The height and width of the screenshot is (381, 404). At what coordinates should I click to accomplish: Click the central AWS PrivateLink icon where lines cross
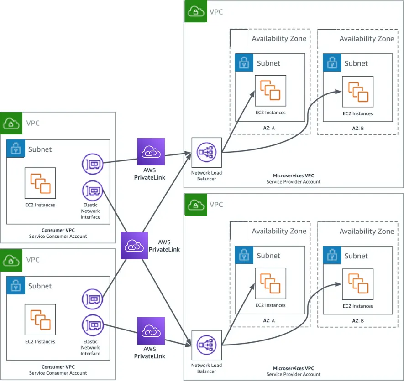[134, 246]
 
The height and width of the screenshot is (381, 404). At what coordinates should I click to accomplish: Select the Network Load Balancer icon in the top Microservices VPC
[207, 153]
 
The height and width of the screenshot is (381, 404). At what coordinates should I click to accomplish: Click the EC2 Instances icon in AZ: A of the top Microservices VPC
[270, 91]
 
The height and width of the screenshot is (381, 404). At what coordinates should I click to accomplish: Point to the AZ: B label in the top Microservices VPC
[358, 129]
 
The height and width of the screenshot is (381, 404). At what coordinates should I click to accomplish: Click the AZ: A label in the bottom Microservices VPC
[269, 321]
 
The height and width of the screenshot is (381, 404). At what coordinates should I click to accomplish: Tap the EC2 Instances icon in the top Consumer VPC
[40, 183]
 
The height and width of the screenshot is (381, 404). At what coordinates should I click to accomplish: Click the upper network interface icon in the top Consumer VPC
[93, 165]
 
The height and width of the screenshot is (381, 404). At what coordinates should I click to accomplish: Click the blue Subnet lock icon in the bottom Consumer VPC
[16, 285]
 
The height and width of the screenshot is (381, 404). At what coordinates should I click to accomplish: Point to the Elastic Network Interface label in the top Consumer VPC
[90, 211]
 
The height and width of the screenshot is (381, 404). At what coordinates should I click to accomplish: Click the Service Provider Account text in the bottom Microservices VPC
[293, 374]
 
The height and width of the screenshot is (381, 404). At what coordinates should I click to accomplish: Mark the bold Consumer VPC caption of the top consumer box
[58, 231]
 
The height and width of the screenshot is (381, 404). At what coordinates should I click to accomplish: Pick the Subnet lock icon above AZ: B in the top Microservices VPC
[332, 63]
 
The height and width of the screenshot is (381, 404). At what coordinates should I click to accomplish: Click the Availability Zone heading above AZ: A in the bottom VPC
[279, 232]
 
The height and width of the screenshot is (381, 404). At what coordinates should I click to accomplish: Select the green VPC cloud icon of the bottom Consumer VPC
[11, 260]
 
